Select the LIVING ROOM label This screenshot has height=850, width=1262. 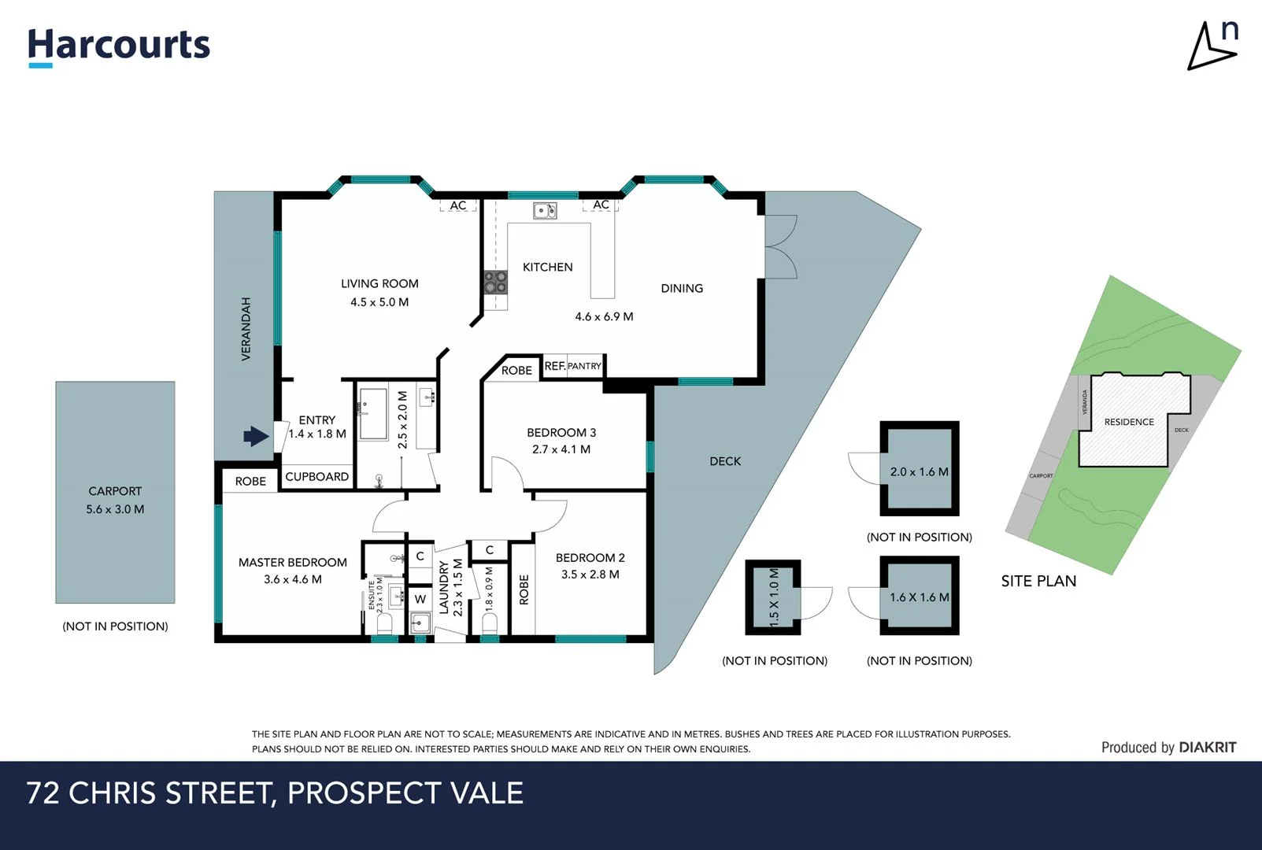click(379, 283)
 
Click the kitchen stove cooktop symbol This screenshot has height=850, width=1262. click(495, 282)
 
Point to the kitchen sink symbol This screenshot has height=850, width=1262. click(545, 210)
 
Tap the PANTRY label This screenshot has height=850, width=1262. click(584, 366)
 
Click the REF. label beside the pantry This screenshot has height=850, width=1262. click(554, 366)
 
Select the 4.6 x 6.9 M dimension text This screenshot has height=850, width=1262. click(604, 316)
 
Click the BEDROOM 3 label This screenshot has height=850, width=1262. click(561, 432)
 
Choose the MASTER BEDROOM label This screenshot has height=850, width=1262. click(292, 562)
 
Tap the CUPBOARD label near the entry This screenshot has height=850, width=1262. click(316, 476)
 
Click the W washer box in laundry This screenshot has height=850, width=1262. click(420, 599)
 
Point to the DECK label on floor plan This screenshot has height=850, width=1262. click(724, 461)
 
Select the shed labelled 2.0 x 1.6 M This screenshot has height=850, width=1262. click(919, 470)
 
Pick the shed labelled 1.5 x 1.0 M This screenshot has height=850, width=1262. click(773, 597)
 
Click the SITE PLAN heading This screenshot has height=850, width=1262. click(1038, 581)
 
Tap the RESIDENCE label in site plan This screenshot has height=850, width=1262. click(1128, 422)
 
